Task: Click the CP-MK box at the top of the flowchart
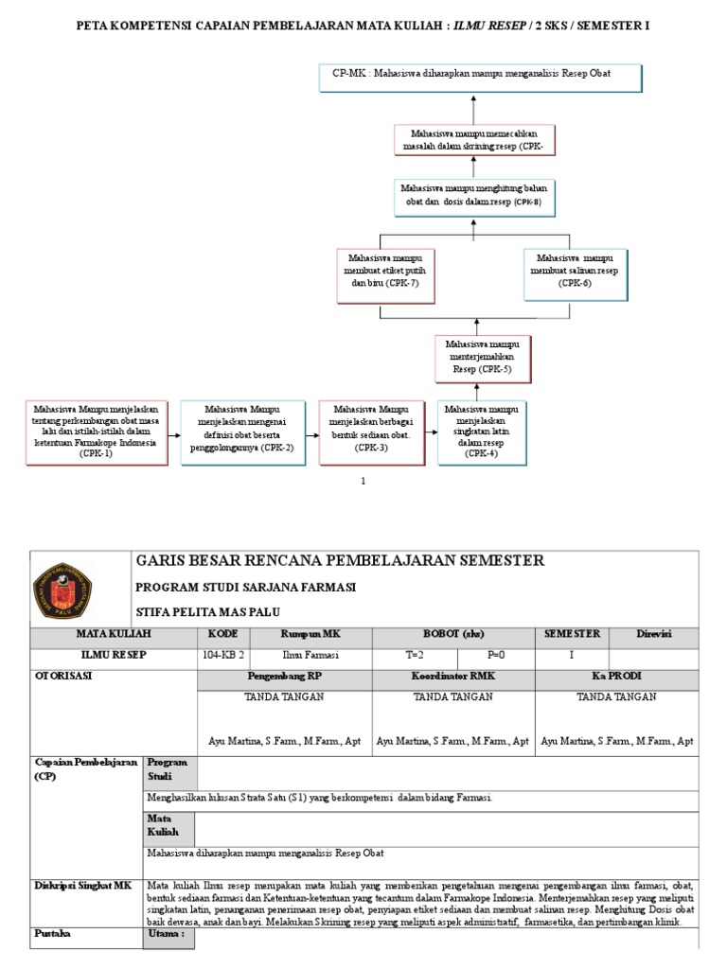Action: click(x=481, y=79)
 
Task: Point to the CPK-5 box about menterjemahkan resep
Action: click(x=483, y=357)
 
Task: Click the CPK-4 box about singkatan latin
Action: click(x=481, y=432)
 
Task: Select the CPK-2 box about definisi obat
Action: click(x=245, y=432)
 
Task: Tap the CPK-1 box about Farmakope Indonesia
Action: click(x=96, y=432)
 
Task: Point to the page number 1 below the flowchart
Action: click(x=363, y=481)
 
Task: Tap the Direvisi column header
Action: click(x=654, y=634)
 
